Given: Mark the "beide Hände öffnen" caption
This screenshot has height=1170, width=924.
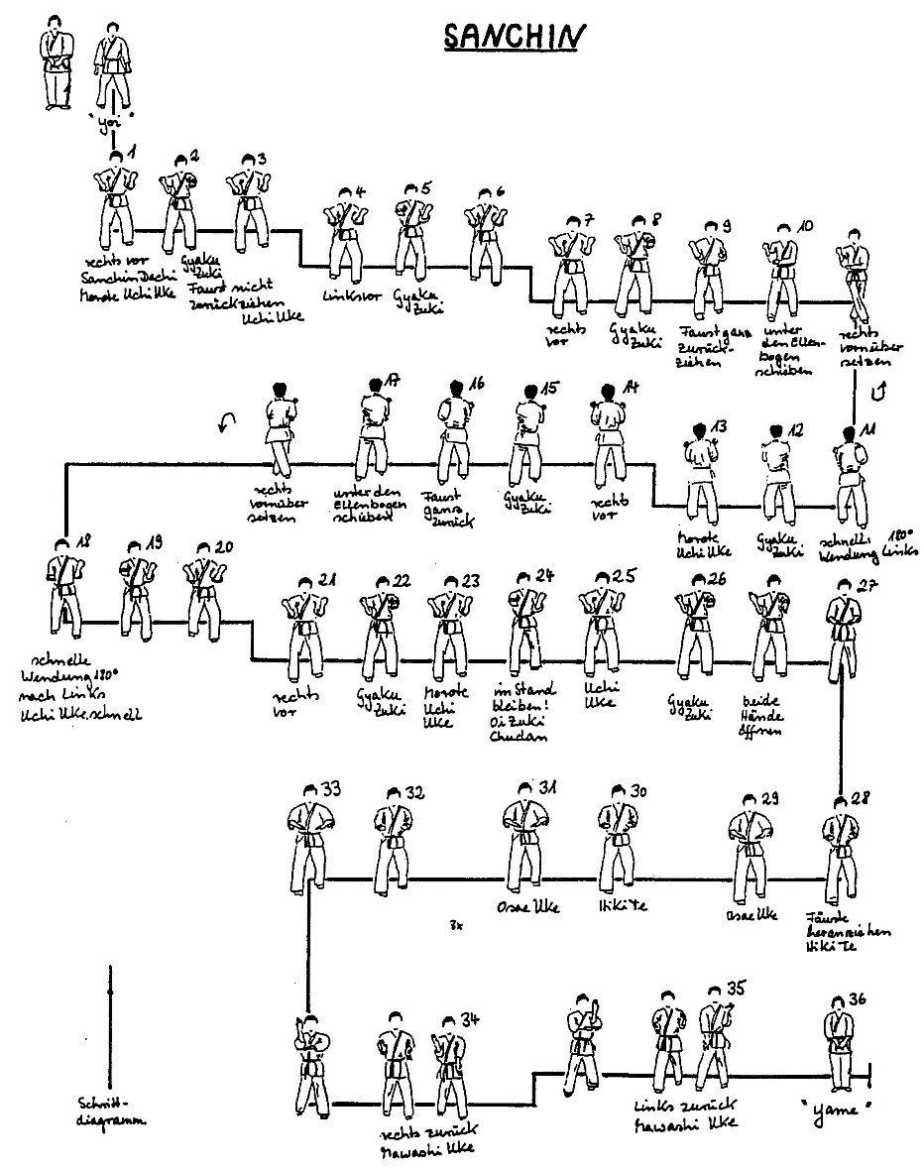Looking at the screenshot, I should (764, 714).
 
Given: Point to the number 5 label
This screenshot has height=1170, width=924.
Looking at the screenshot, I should (425, 188).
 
